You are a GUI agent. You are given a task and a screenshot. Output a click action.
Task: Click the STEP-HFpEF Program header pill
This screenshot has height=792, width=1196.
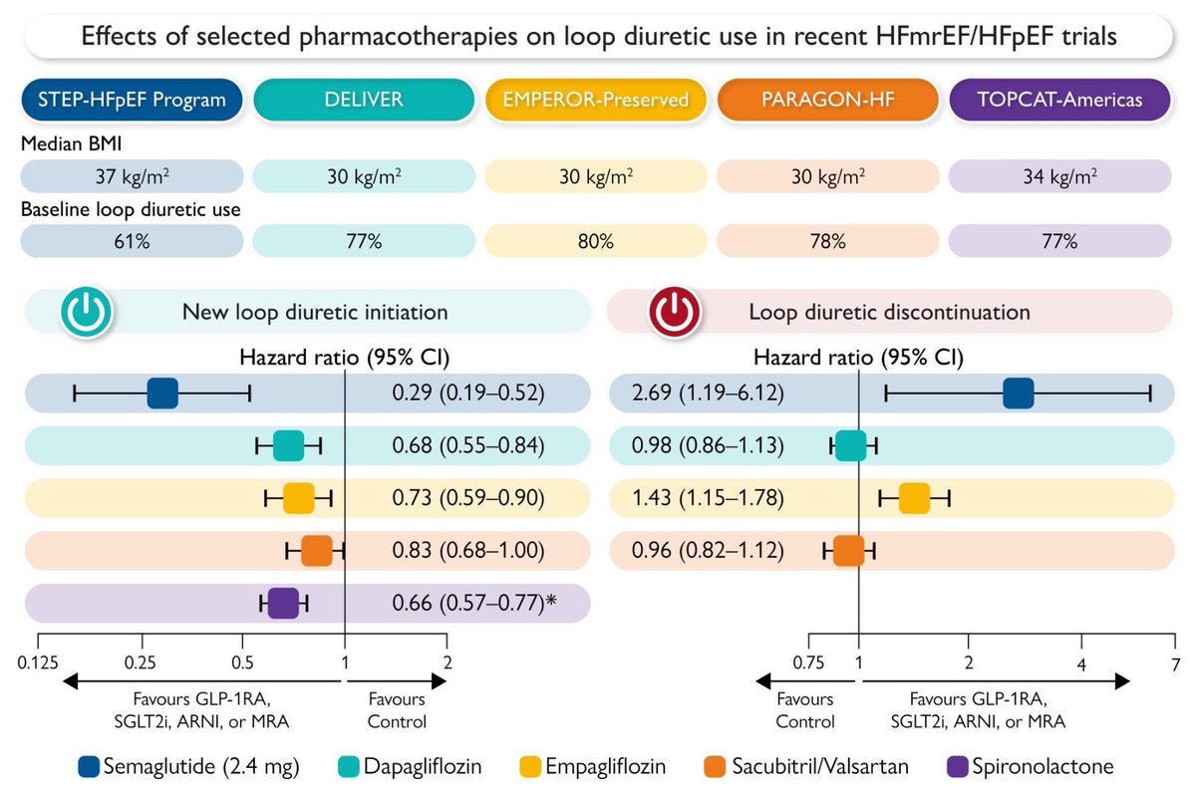tap(133, 100)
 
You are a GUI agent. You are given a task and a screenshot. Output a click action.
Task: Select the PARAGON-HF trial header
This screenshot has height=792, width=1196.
tap(827, 100)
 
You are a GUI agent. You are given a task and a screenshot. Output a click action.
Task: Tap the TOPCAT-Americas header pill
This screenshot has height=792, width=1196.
tap(1059, 100)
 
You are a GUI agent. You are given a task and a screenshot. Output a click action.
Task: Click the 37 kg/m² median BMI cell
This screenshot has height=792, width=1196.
tap(133, 176)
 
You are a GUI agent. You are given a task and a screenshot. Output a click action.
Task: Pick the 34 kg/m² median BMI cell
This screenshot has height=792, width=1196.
tap(1059, 176)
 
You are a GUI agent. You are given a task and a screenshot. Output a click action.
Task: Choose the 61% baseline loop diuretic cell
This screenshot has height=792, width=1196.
tap(133, 240)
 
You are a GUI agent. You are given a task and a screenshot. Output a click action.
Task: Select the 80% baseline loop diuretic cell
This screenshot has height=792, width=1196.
tap(596, 240)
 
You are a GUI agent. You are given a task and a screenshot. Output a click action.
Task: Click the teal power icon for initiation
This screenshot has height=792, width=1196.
tap(88, 312)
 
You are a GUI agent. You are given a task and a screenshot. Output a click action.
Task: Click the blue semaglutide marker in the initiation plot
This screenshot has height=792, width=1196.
tap(162, 394)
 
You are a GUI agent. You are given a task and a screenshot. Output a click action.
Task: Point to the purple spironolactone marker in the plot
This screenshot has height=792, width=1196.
tap(283, 603)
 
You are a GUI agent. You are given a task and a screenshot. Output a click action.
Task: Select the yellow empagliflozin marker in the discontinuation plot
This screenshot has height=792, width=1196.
tap(914, 497)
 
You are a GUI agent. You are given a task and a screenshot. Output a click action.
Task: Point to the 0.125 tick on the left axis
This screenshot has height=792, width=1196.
tap(39, 662)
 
